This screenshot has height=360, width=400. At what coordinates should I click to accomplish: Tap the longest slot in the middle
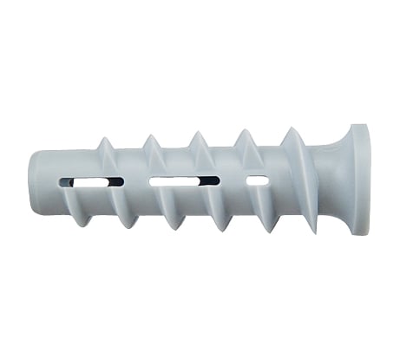point(184,182)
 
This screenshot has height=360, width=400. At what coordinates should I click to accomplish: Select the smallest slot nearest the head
point(257,180)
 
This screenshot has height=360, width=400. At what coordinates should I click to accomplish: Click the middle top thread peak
point(197,133)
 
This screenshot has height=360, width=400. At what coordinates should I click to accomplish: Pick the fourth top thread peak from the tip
point(243,130)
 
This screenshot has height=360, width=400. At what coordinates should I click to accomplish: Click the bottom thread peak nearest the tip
point(82,225)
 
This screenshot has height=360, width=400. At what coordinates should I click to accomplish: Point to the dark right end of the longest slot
point(213,181)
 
